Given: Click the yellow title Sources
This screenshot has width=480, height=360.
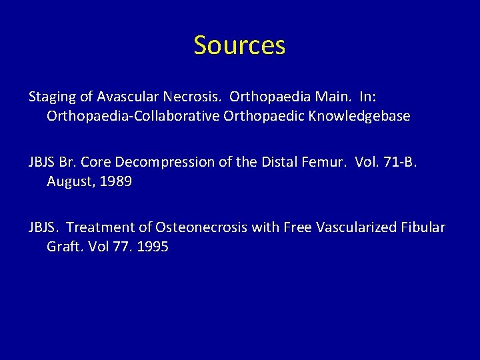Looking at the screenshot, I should [239, 45].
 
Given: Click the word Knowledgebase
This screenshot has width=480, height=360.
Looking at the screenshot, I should [360, 117].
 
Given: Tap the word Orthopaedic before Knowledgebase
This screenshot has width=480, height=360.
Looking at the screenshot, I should [250, 117].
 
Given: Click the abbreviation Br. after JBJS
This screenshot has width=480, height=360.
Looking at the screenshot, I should [67, 162].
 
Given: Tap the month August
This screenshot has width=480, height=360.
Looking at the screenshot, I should [69, 181].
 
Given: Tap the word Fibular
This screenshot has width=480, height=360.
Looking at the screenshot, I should [422, 227].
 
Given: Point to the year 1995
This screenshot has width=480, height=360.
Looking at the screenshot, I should [153, 247].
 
